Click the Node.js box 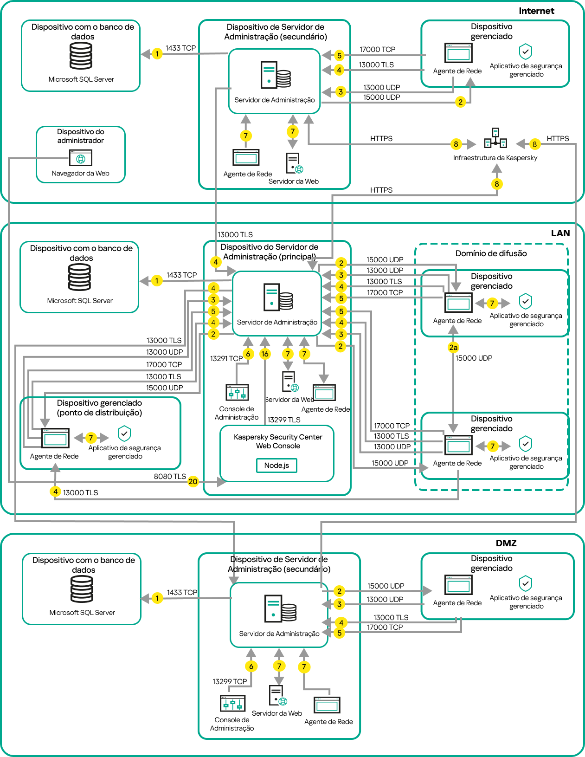pos(276,466)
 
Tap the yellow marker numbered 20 pos(193,482)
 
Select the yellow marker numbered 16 pos(265,354)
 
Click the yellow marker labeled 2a pos(453,347)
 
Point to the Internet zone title pos(536,11)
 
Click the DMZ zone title pos(506,543)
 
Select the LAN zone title pos(560,233)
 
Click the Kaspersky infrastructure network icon pos(495,138)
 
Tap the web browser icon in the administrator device pos(81,158)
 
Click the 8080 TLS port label pos(170,476)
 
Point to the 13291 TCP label pos(226,358)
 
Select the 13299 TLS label pos(284,420)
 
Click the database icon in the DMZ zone pos(82,589)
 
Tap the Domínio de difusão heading pos(491,253)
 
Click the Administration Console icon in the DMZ pos(232,704)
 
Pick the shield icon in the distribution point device pos(124,433)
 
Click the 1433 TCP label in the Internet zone pos(180,48)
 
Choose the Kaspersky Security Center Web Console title pos(278,441)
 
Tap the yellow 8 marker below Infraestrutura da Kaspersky pos(496,184)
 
